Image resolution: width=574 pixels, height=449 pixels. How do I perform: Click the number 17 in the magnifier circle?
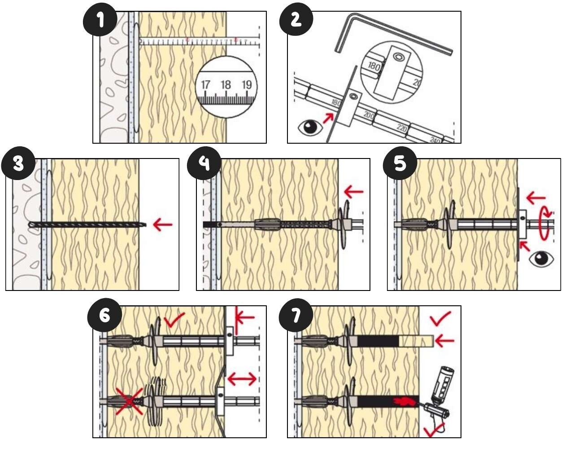click(205, 85)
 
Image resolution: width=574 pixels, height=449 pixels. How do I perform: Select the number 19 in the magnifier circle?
click(246, 85)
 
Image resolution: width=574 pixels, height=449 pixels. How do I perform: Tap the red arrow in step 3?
click(162, 224)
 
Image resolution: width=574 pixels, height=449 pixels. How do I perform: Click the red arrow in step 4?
click(353, 192)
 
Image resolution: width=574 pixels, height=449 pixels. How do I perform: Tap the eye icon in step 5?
click(542, 259)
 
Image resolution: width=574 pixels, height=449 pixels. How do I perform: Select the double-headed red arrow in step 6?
click(242, 379)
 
